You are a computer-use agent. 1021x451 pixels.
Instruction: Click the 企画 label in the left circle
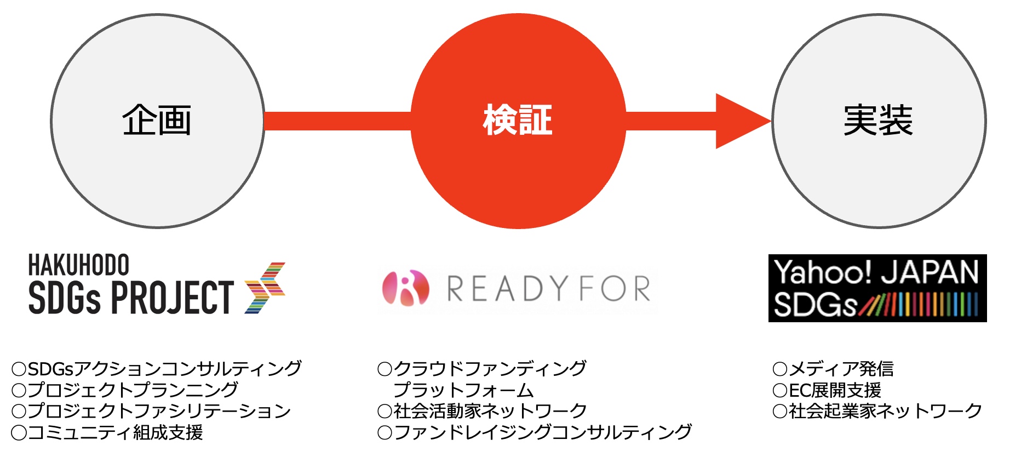157,121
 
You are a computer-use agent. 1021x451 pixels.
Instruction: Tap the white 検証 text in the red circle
518,121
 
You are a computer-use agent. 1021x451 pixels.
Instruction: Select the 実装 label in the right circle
878,121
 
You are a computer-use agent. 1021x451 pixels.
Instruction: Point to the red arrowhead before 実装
739,121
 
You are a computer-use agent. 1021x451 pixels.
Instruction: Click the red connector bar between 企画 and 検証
337,121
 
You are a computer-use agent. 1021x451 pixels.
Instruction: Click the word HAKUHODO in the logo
78,265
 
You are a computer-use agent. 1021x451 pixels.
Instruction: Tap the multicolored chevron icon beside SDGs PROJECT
265,288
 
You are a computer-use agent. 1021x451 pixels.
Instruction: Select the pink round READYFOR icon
406,288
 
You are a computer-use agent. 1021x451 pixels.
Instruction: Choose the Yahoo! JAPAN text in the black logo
876,272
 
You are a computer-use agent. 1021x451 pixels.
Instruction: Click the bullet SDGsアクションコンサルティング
157,368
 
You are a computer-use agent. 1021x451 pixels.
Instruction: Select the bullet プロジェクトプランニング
125,390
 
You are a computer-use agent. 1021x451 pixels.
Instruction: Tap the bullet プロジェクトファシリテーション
151,411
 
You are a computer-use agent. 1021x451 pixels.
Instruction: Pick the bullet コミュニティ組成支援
107,432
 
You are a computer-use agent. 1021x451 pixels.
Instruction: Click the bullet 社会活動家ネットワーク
483,411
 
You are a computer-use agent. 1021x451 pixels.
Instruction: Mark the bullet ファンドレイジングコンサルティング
535,432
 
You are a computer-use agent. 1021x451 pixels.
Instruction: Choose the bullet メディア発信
833,368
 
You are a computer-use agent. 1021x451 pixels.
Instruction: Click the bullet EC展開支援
827,390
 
